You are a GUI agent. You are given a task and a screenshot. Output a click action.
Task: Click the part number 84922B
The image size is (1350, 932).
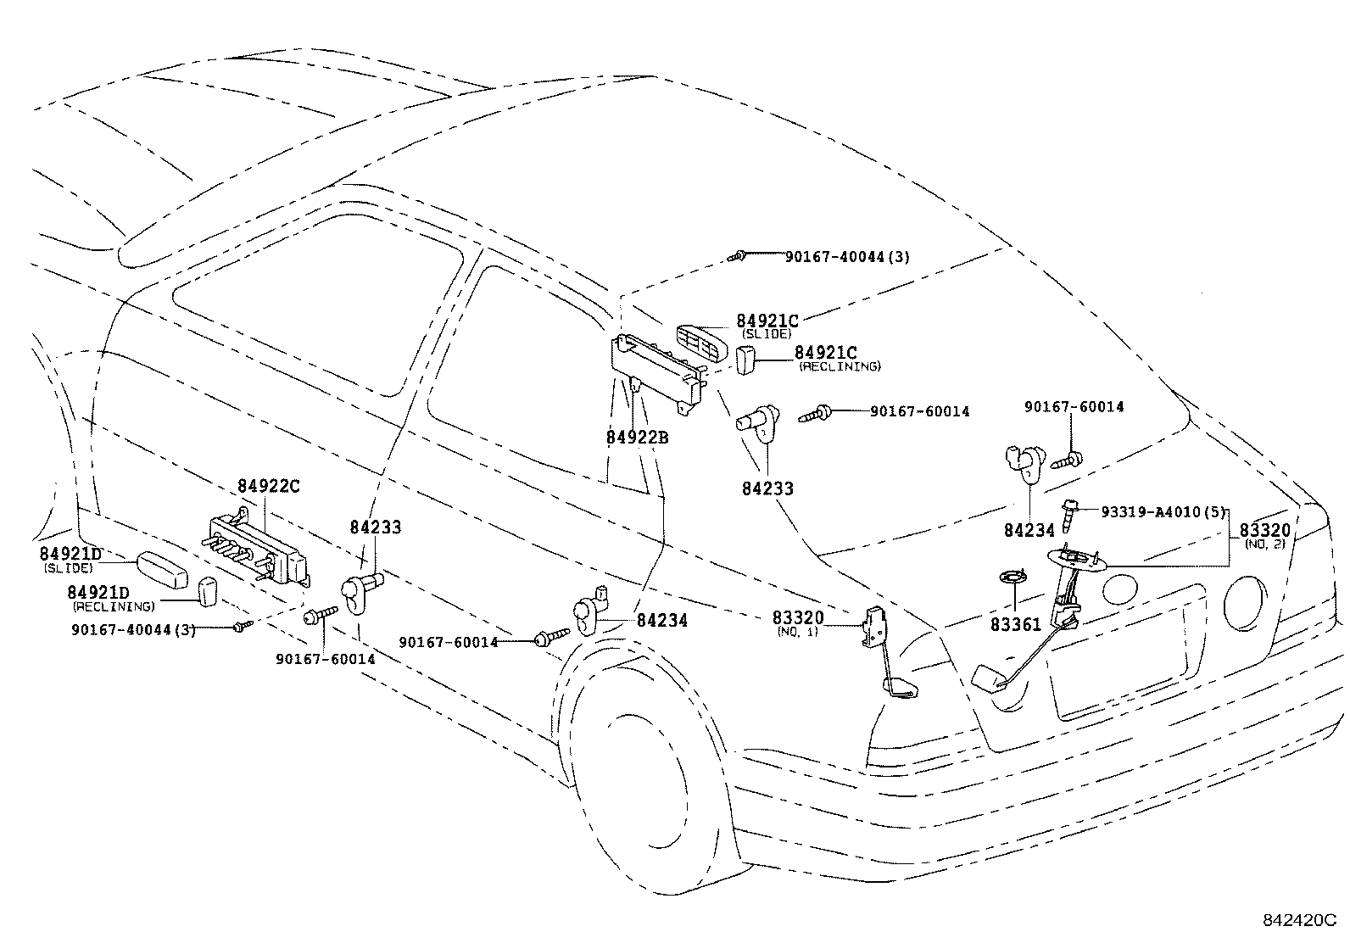tap(637, 438)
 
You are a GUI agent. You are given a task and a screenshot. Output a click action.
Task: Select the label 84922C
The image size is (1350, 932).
tap(268, 487)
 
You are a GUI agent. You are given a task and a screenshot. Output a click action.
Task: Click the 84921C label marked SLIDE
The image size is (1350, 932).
tap(767, 321)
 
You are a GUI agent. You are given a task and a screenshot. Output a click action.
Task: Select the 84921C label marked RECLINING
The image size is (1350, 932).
tap(826, 353)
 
